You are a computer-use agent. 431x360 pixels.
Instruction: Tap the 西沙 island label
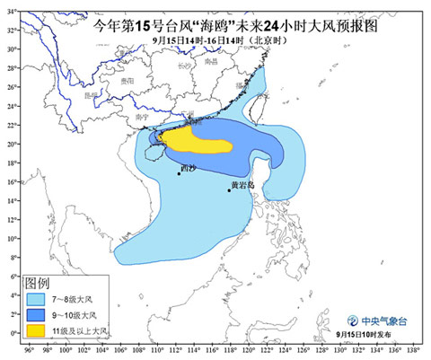[x=187, y=167]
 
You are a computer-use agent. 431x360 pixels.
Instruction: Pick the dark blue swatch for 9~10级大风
[x=35, y=315]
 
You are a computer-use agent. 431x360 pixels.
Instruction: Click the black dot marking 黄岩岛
[x=229, y=189]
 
